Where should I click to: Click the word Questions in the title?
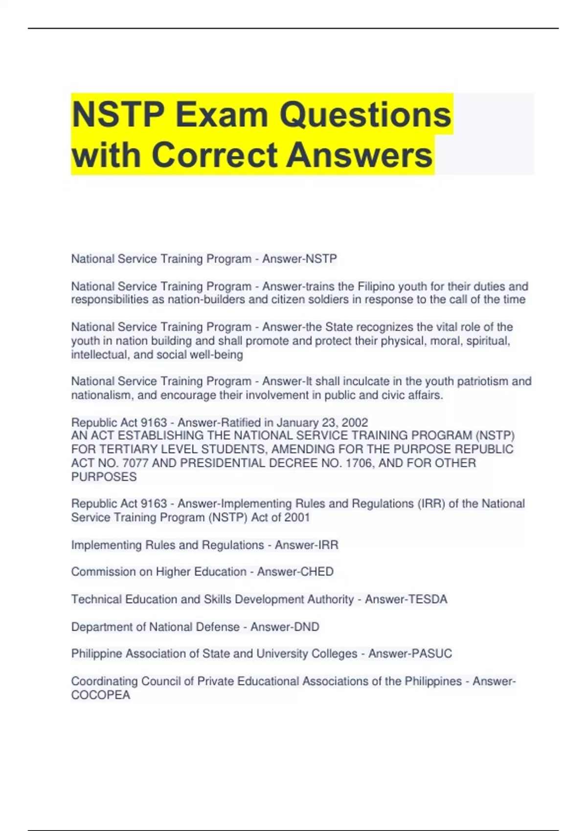pyautogui.click(x=365, y=115)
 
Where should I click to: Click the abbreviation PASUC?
pyautogui.click(x=430, y=654)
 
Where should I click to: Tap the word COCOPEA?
pyautogui.click(x=101, y=695)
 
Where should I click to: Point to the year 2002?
pyautogui.click(x=355, y=422)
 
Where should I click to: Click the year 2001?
pyautogui.click(x=296, y=517)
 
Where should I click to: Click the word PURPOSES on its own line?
pyautogui.click(x=104, y=477)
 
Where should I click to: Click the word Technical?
pyautogui.click(x=96, y=599)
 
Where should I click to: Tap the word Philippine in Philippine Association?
pyautogui.click(x=96, y=654)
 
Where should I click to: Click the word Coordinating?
pyautogui.click(x=104, y=681)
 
